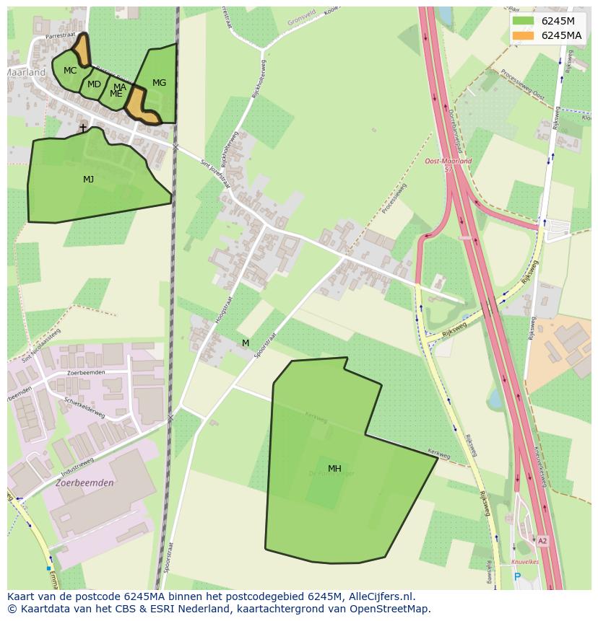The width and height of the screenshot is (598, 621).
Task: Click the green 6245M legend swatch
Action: (523, 21)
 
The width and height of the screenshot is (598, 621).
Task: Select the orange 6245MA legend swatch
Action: (523, 35)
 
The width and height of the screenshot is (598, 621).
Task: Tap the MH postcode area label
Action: (334, 469)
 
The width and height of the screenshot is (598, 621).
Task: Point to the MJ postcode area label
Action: (88, 180)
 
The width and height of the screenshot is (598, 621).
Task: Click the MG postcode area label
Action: (159, 83)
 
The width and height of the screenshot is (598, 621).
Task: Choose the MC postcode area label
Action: (70, 71)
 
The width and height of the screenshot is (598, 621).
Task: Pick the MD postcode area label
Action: (94, 84)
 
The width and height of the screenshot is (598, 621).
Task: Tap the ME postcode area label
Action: (116, 94)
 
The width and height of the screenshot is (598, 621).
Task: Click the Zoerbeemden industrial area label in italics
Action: (84, 483)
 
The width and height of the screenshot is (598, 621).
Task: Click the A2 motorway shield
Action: (542, 540)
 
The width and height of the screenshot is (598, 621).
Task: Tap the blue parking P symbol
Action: (517, 576)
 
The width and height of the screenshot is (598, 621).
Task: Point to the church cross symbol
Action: (82, 128)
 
